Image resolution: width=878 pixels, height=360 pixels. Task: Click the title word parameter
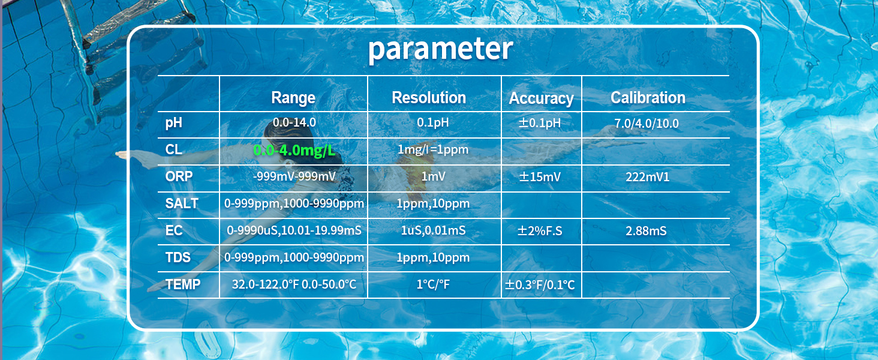(x=441, y=49)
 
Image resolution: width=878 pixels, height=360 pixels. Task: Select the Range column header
(x=293, y=98)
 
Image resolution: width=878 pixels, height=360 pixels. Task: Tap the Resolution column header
(x=429, y=98)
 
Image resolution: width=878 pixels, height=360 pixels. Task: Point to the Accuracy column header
(x=542, y=98)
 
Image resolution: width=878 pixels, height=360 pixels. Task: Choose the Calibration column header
(x=648, y=98)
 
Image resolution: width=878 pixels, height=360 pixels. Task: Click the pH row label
(x=174, y=123)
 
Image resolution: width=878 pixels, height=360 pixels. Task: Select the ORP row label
(x=179, y=176)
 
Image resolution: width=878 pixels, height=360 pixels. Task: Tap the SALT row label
(x=182, y=203)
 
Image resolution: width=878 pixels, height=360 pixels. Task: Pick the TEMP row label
(x=183, y=284)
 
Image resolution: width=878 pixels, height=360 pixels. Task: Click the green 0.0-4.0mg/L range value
(x=294, y=150)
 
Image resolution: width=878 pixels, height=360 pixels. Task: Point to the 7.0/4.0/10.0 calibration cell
(x=647, y=124)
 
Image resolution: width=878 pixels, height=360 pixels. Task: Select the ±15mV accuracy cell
(x=540, y=177)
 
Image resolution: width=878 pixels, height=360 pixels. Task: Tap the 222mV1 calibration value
(x=648, y=177)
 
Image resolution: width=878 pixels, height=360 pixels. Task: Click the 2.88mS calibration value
(x=646, y=230)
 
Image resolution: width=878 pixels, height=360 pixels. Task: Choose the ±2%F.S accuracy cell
(x=540, y=230)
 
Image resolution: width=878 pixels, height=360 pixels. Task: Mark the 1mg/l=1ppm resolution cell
(x=433, y=149)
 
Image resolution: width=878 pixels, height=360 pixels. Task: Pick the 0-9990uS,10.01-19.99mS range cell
(x=294, y=230)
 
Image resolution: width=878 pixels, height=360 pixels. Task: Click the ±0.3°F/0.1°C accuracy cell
(x=540, y=284)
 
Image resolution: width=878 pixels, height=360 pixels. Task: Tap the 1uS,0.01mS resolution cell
(x=433, y=230)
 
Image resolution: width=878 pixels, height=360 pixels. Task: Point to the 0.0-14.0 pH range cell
(x=294, y=122)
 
